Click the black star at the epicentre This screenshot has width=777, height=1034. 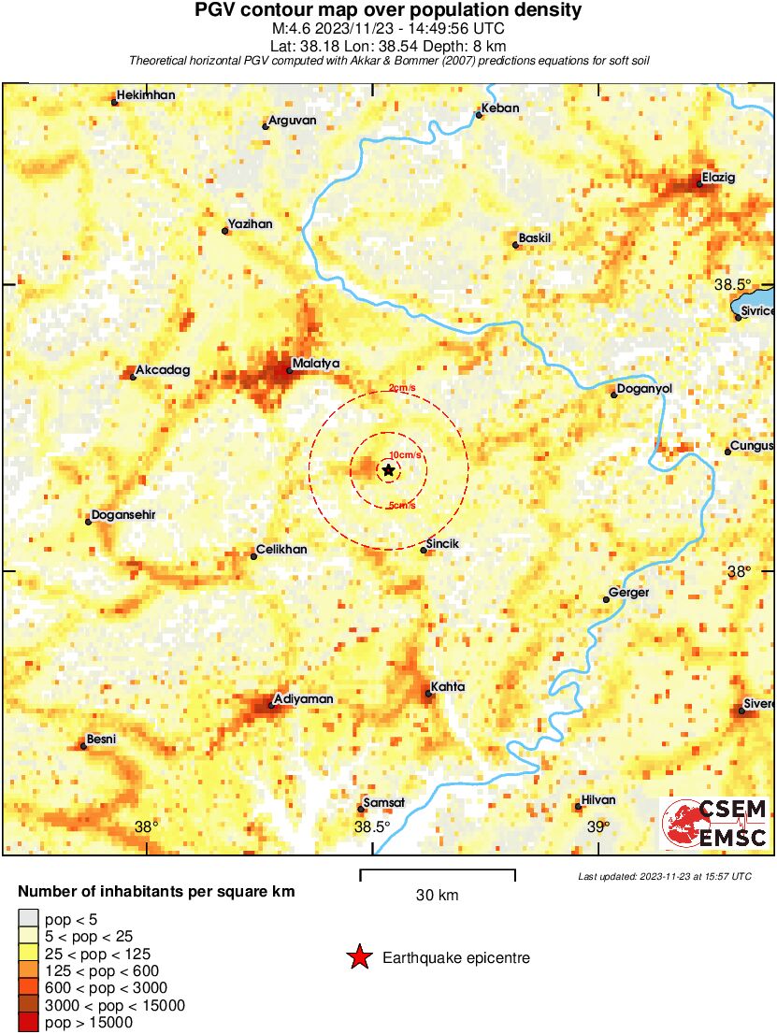pyautogui.click(x=388, y=470)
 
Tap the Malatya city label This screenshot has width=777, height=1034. pyautogui.click(x=315, y=363)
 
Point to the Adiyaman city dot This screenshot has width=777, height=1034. pyautogui.click(x=271, y=705)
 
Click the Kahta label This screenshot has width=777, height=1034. pyautogui.click(x=446, y=687)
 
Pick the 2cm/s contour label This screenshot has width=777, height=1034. pyautogui.click(x=402, y=389)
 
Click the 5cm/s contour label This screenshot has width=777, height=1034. pyautogui.click(x=402, y=506)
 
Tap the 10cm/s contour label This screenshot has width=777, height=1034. pyautogui.click(x=404, y=454)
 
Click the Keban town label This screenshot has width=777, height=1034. pyautogui.click(x=500, y=108)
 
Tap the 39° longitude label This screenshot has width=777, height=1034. pyautogui.click(x=598, y=826)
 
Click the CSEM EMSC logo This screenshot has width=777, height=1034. pyautogui.click(x=714, y=823)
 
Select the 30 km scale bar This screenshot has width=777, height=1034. pyautogui.click(x=438, y=875)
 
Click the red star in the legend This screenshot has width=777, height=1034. pyautogui.click(x=359, y=957)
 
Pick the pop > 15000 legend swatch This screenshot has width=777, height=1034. pyautogui.click(x=29, y=1023)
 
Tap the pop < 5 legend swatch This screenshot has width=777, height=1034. pyautogui.click(x=29, y=919)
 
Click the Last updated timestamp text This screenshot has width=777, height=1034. pyautogui.click(x=664, y=876)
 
